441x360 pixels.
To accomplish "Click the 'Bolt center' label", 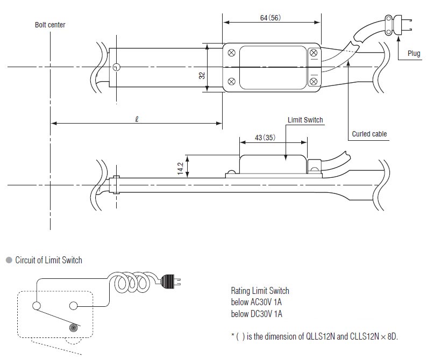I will (50, 25).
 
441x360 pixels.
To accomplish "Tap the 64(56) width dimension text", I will (270, 18).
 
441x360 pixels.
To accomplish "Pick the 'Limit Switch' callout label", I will (305, 120).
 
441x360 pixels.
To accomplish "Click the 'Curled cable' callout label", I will (369, 134).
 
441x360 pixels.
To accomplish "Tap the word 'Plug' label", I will (414, 54).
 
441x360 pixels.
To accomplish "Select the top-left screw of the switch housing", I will (231, 53).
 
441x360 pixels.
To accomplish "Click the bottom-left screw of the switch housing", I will (231, 82).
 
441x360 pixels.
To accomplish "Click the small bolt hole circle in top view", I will (116, 67).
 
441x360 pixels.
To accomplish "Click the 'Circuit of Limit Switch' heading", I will (48, 260).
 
